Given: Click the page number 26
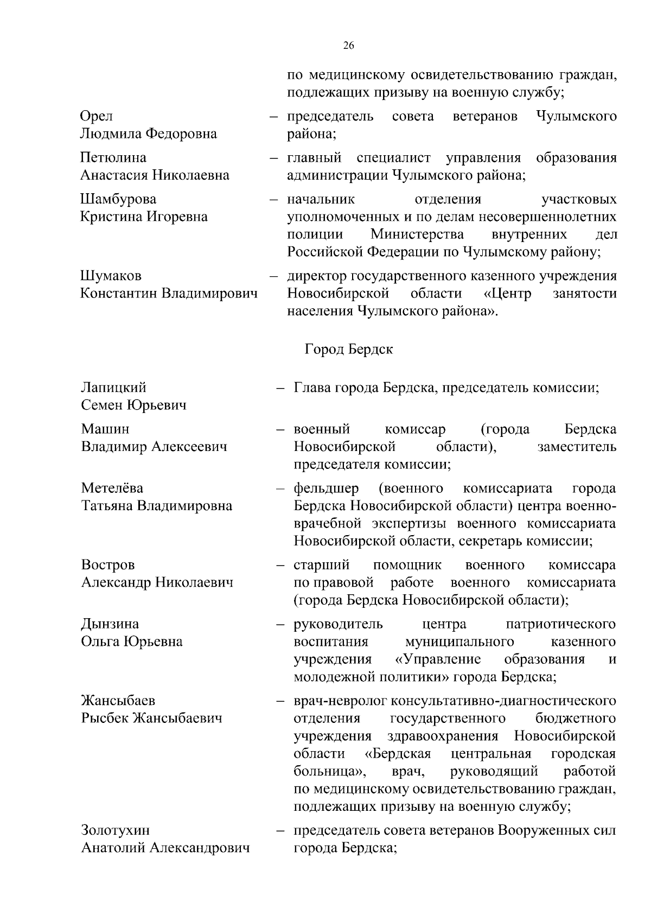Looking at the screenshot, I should pyautogui.click(x=349, y=46).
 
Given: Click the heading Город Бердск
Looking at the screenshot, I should pyautogui.click(x=348, y=350).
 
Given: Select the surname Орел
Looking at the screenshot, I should pyautogui.click(x=97, y=117).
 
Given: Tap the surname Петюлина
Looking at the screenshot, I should pyautogui.click(x=113, y=158).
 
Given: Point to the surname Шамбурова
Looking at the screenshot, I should pyautogui.click(x=118, y=200).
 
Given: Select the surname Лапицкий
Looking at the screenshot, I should pyautogui.click(x=113, y=388).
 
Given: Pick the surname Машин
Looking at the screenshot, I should pyautogui.click(x=105, y=429).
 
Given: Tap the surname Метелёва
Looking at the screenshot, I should pyautogui.click(x=112, y=488).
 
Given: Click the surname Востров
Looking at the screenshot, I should pyautogui.click(x=108, y=565).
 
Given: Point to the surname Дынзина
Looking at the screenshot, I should pyautogui.click(x=110, y=624).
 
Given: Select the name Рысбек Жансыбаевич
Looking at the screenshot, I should pyautogui.click(x=152, y=719).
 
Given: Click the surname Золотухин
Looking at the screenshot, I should pyautogui.click(x=116, y=831).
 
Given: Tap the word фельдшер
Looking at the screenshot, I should pyautogui.click(x=326, y=488).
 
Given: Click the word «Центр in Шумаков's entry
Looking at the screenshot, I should pyautogui.click(x=507, y=294).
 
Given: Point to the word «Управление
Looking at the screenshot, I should pyautogui.click(x=438, y=659).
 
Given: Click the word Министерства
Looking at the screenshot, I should pyautogui.click(x=417, y=235).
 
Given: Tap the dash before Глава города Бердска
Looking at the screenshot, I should pyautogui.click(x=280, y=389).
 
